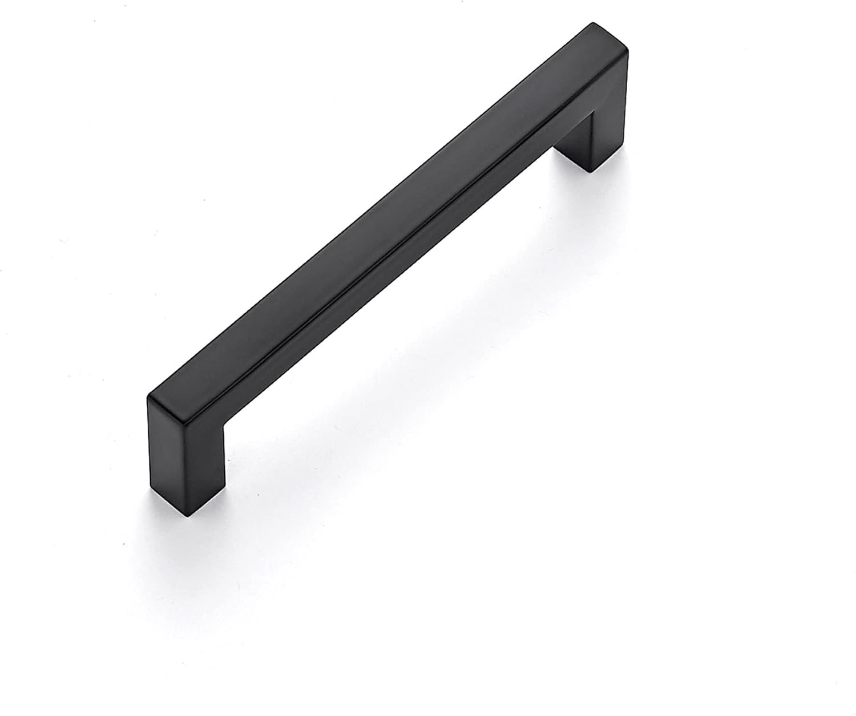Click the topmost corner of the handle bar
coord(591,24)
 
